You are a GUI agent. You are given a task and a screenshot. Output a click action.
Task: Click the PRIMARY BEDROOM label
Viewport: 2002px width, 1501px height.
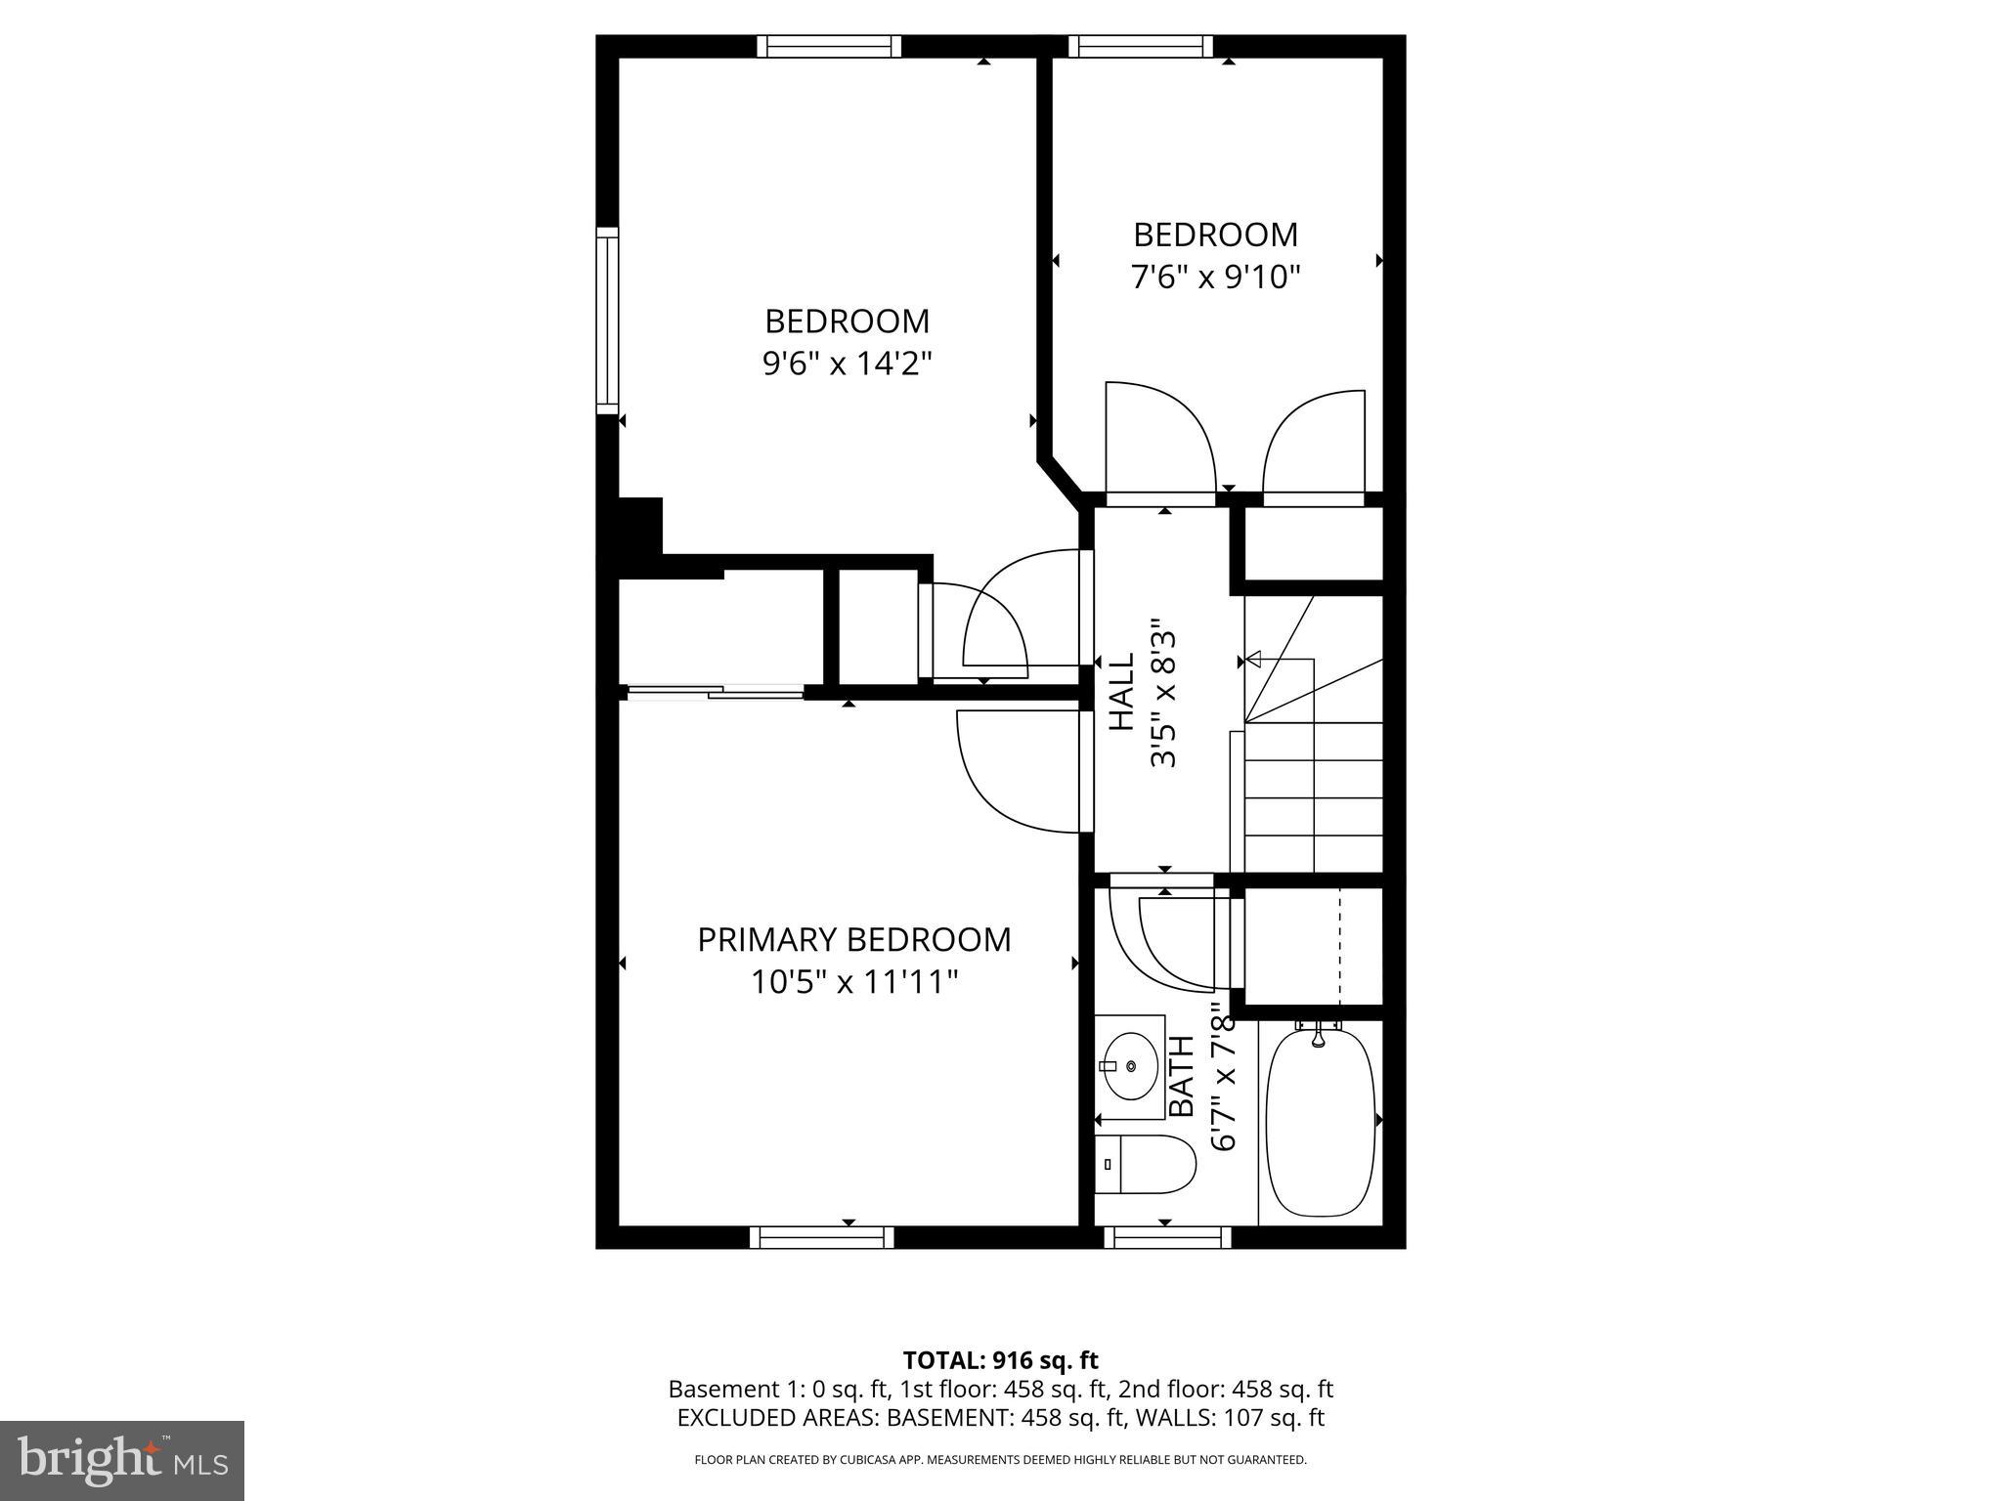tap(853, 939)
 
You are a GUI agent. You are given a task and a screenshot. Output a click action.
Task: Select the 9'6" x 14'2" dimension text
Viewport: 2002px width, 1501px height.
tap(847, 365)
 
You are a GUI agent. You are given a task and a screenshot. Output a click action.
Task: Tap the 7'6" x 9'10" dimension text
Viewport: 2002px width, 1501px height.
tap(1215, 278)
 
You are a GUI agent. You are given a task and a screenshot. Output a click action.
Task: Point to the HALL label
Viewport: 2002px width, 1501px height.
tap(1121, 692)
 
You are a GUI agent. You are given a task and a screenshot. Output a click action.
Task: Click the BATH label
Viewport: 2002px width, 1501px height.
tap(1183, 1076)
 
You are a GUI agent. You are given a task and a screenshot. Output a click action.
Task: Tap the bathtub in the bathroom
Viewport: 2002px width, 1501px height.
tap(1321, 1124)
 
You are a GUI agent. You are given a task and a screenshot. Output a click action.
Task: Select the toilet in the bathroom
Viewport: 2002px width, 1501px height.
tap(1145, 1164)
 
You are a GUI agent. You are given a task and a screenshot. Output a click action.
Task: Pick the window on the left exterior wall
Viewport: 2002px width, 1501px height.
tap(608, 321)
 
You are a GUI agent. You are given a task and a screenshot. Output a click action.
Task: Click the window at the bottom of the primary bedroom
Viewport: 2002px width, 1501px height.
tap(821, 1237)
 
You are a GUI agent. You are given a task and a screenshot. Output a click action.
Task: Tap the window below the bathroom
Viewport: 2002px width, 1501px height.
tap(1167, 1237)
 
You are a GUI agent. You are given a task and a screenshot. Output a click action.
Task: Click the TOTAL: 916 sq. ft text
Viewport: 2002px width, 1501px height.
tap(1000, 1360)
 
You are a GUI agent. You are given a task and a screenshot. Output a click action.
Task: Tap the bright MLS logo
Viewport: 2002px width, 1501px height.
tap(122, 1460)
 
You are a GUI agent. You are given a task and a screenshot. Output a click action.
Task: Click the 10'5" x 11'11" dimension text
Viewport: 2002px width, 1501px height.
tap(853, 981)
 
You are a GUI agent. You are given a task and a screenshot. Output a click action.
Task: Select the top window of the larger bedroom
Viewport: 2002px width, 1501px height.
tap(829, 46)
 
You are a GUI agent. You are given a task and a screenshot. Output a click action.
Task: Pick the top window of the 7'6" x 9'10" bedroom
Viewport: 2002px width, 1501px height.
tap(1139, 46)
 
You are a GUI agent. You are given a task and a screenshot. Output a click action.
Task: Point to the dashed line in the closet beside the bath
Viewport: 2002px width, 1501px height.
tap(1339, 945)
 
